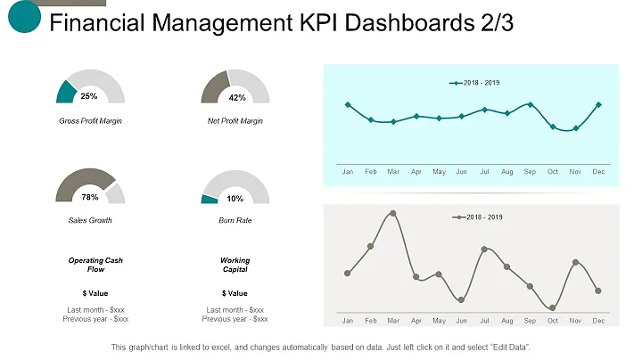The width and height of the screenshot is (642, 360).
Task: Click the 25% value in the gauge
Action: click(x=89, y=96)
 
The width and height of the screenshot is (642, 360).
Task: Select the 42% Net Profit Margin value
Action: click(x=236, y=98)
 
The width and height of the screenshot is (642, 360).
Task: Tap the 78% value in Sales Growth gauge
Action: click(x=89, y=197)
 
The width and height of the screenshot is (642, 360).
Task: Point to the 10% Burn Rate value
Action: click(x=235, y=198)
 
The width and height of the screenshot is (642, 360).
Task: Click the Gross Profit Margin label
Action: click(x=90, y=120)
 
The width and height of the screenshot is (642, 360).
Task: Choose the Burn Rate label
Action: click(x=235, y=219)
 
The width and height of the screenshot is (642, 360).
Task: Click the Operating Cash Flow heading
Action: click(x=95, y=265)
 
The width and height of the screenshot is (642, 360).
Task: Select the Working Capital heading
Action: click(x=235, y=265)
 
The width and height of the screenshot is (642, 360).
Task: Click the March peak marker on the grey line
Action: click(x=393, y=213)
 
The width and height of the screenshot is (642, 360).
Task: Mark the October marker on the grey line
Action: click(x=553, y=307)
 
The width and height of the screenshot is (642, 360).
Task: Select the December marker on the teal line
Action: click(x=598, y=104)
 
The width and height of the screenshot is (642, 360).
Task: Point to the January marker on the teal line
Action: click(x=348, y=104)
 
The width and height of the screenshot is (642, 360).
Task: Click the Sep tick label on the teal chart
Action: click(x=530, y=170)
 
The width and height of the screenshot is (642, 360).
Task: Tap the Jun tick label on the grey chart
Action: click(x=461, y=320)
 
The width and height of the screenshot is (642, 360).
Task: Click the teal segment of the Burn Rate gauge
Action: click(x=210, y=199)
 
